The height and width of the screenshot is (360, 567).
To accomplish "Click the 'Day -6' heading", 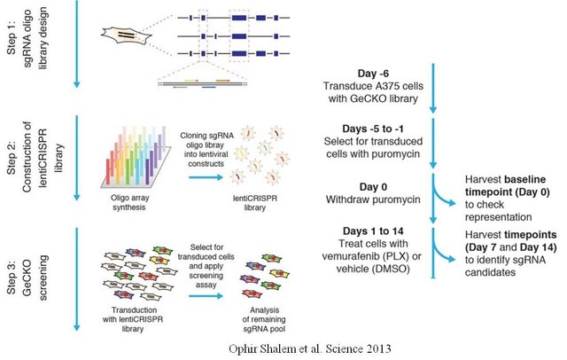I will pos(364,72).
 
